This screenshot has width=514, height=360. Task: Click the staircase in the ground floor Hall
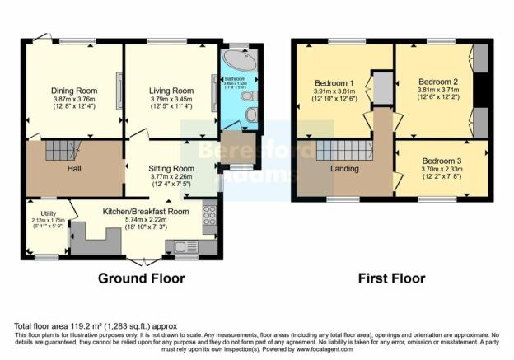point(60,150)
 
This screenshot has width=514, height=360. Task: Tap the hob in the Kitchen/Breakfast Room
point(209,216)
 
